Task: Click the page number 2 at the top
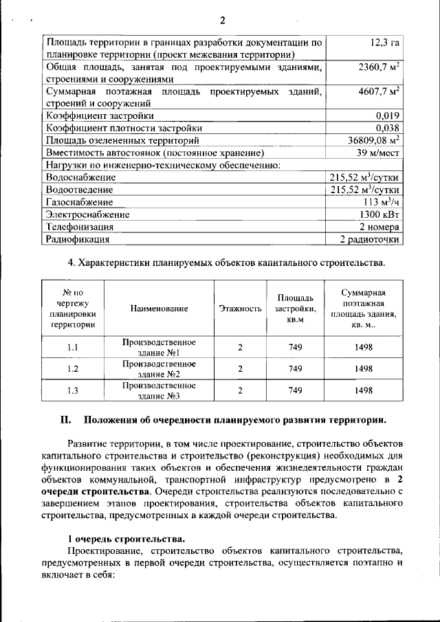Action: [x=222, y=19]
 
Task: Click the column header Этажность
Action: [x=240, y=309]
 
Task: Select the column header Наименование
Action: [x=159, y=309]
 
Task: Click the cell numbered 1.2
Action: [x=72, y=369]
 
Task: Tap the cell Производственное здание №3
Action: [x=159, y=390]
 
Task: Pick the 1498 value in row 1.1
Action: [x=364, y=347]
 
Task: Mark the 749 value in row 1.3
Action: [x=296, y=390]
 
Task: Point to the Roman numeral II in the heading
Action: [x=66, y=420]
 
